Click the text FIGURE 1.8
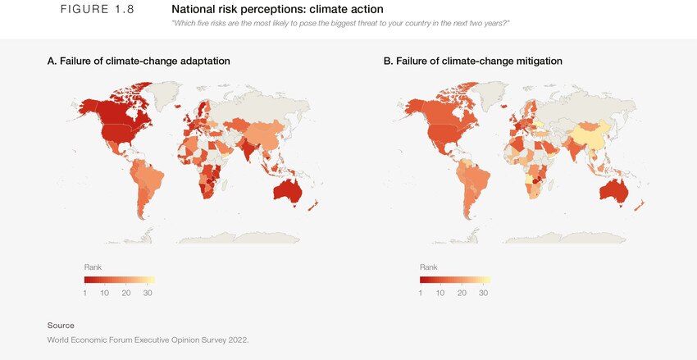click(x=98, y=9)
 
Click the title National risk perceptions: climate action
click(x=277, y=9)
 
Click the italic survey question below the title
click(x=340, y=23)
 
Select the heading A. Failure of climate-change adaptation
click(x=139, y=62)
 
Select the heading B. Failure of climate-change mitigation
click(x=472, y=62)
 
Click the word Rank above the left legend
click(x=93, y=267)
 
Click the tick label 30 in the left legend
click(x=148, y=293)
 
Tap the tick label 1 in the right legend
click(x=421, y=293)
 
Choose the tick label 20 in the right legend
click(x=462, y=293)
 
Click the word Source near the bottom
click(x=61, y=326)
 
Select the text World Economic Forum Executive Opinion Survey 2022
click(x=148, y=339)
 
